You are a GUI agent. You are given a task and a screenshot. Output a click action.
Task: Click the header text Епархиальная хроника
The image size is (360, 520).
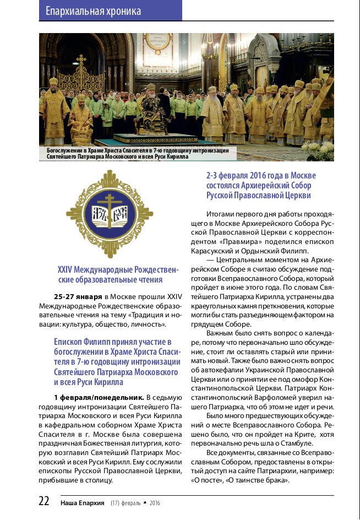click(93, 11)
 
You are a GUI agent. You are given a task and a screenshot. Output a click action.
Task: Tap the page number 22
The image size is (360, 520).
click(44, 501)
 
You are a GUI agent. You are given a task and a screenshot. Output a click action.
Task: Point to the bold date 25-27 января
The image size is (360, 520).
click(78, 296)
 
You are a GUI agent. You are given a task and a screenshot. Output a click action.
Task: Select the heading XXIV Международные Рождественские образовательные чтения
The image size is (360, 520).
click(118, 275)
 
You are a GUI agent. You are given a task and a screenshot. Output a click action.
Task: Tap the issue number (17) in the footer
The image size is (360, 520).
click(116, 502)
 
